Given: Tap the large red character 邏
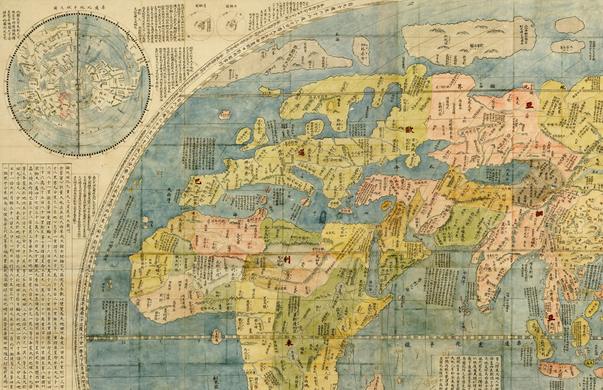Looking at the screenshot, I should point(301,153).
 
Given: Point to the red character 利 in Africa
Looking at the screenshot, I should point(287,260).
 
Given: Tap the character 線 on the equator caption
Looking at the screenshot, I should point(407,344).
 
